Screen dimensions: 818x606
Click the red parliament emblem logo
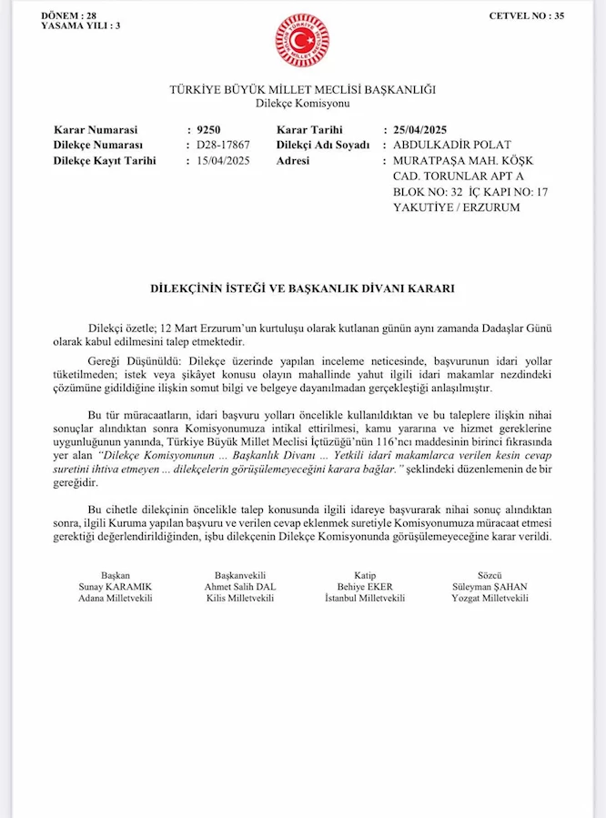click(x=302, y=40)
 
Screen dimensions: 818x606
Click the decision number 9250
click(x=208, y=129)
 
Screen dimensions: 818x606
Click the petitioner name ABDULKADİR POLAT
click(x=451, y=145)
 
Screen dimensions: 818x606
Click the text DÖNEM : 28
click(x=69, y=15)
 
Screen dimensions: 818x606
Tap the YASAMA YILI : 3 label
click(x=80, y=25)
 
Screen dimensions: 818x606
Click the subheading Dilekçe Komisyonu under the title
click(x=302, y=104)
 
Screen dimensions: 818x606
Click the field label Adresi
click(x=293, y=160)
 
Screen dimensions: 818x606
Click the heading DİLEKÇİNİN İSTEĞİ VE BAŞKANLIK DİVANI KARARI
click(x=302, y=288)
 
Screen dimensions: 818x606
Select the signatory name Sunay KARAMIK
click(x=116, y=587)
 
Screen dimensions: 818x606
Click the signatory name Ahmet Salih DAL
click(x=240, y=587)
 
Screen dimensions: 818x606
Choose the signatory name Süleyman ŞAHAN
click(x=490, y=587)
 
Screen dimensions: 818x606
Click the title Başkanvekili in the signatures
click(x=240, y=575)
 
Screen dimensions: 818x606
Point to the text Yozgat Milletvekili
click(x=490, y=599)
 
